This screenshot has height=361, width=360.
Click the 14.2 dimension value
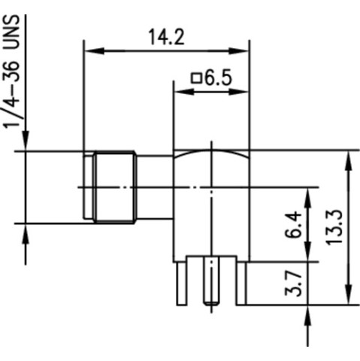coord(167,37)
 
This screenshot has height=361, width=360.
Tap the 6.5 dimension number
coord(218,77)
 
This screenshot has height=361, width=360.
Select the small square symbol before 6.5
coord(197,78)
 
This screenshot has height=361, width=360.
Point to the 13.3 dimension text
coord(334,227)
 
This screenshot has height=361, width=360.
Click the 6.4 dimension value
coord(293,224)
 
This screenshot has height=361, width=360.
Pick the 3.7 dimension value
coord(293,283)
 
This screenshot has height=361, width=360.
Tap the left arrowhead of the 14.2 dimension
coord(95,51)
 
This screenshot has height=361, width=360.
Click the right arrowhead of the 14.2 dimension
coord(238,51)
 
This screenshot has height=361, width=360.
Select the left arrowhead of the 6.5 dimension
coord(184,92)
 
